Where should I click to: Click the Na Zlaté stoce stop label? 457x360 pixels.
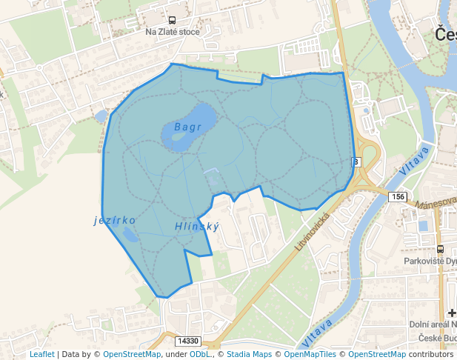(172, 32)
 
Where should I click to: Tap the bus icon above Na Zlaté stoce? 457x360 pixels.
(172, 21)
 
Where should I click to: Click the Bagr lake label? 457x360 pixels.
(188, 127)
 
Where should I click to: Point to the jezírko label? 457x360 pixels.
(115, 220)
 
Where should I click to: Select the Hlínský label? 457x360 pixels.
(197, 226)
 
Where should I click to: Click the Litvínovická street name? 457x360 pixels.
(312, 229)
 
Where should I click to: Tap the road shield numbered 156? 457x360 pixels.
(398, 196)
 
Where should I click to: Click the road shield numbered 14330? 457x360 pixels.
(189, 341)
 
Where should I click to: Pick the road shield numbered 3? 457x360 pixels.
(356, 161)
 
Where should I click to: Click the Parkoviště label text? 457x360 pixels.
(430, 261)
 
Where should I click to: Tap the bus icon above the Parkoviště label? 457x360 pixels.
(441, 249)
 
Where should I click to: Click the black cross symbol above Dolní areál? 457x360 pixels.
(452, 313)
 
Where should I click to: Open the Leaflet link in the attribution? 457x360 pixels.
(41, 354)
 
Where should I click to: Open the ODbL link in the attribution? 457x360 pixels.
(200, 354)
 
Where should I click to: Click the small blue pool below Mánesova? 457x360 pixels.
(423, 225)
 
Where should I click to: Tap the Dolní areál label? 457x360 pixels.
(433, 324)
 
